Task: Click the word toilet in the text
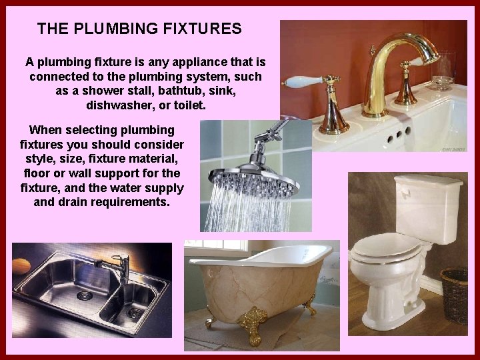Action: (x=189, y=106)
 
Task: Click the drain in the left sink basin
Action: (x=83, y=295)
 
